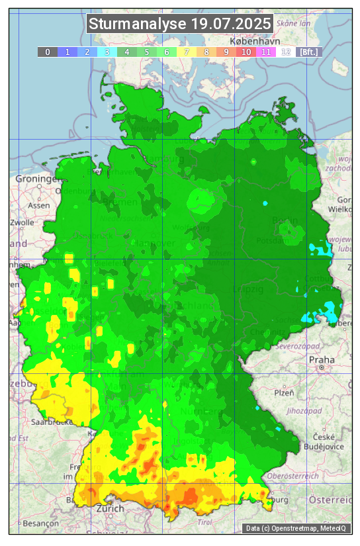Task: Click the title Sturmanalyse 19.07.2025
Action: (180, 24)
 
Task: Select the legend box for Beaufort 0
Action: (48, 52)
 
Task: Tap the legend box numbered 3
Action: (107, 52)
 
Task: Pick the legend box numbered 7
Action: (187, 52)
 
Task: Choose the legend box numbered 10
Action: (246, 52)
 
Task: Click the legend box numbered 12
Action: (286, 52)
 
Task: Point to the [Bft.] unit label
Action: (308, 52)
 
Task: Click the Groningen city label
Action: (35, 179)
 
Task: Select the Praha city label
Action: (322, 360)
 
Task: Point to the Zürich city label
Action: (110, 508)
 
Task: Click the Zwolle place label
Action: (22, 222)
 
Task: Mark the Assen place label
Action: (39, 205)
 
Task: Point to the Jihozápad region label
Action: (304, 411)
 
